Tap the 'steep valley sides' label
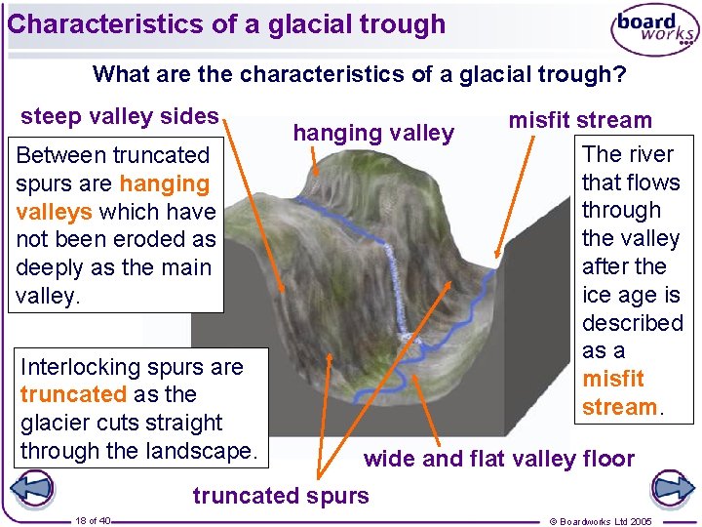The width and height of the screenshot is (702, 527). pyautogui.click(x=120, y=117)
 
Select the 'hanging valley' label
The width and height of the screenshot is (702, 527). pyautogui.click(x=373, y=133)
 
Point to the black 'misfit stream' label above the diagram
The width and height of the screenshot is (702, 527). pyautogui.click(x=580, y=121)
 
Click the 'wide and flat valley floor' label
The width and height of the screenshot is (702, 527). pyautogui.click(x=498, y=459)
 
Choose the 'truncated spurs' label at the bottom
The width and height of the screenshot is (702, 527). pyautogui.click(x=281, y=496)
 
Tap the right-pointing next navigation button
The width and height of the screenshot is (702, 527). pyautogui.click(x=671, y=488)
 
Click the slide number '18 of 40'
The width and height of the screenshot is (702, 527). pyautogui.click(x=93, y=520)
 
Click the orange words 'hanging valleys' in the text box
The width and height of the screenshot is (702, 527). pyautogui.click(x=113, y=197)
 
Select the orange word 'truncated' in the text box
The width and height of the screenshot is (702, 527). pyautogui.click(x=73, y=394)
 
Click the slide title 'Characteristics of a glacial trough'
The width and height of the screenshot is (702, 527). pyautogui.click(x=226, y=24)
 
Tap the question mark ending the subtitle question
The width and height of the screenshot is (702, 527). pyautogui.click(x=619, y=74)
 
